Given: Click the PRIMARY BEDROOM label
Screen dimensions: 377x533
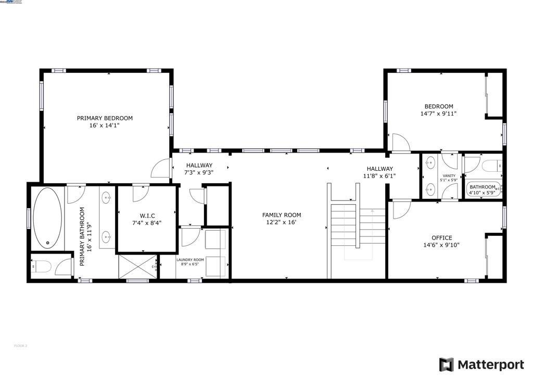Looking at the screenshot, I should [105, 118].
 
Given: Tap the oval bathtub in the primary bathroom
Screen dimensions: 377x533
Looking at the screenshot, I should [48, 217].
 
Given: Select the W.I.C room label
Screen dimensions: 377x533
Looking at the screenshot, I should [147, 216].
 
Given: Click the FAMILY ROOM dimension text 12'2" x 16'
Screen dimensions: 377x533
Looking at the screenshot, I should [282, 222].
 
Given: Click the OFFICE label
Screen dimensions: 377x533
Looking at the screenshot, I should [442, 238].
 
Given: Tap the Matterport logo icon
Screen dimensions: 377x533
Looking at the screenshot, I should [446, 365].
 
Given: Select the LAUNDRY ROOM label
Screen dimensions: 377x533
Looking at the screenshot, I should [190, 260].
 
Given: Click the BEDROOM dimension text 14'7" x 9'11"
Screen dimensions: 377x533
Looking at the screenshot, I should [438, 114].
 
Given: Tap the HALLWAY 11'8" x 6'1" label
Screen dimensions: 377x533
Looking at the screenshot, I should [379, 172].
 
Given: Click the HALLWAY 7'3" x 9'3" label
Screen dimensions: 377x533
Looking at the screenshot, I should [199, 169].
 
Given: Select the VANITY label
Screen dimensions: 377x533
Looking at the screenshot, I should [449, 177].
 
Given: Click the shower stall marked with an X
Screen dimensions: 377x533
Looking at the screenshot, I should [137, 267].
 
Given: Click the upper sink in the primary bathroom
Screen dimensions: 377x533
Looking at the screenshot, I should [107, 197].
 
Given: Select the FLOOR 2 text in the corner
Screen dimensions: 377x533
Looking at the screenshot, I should [20, 346].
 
